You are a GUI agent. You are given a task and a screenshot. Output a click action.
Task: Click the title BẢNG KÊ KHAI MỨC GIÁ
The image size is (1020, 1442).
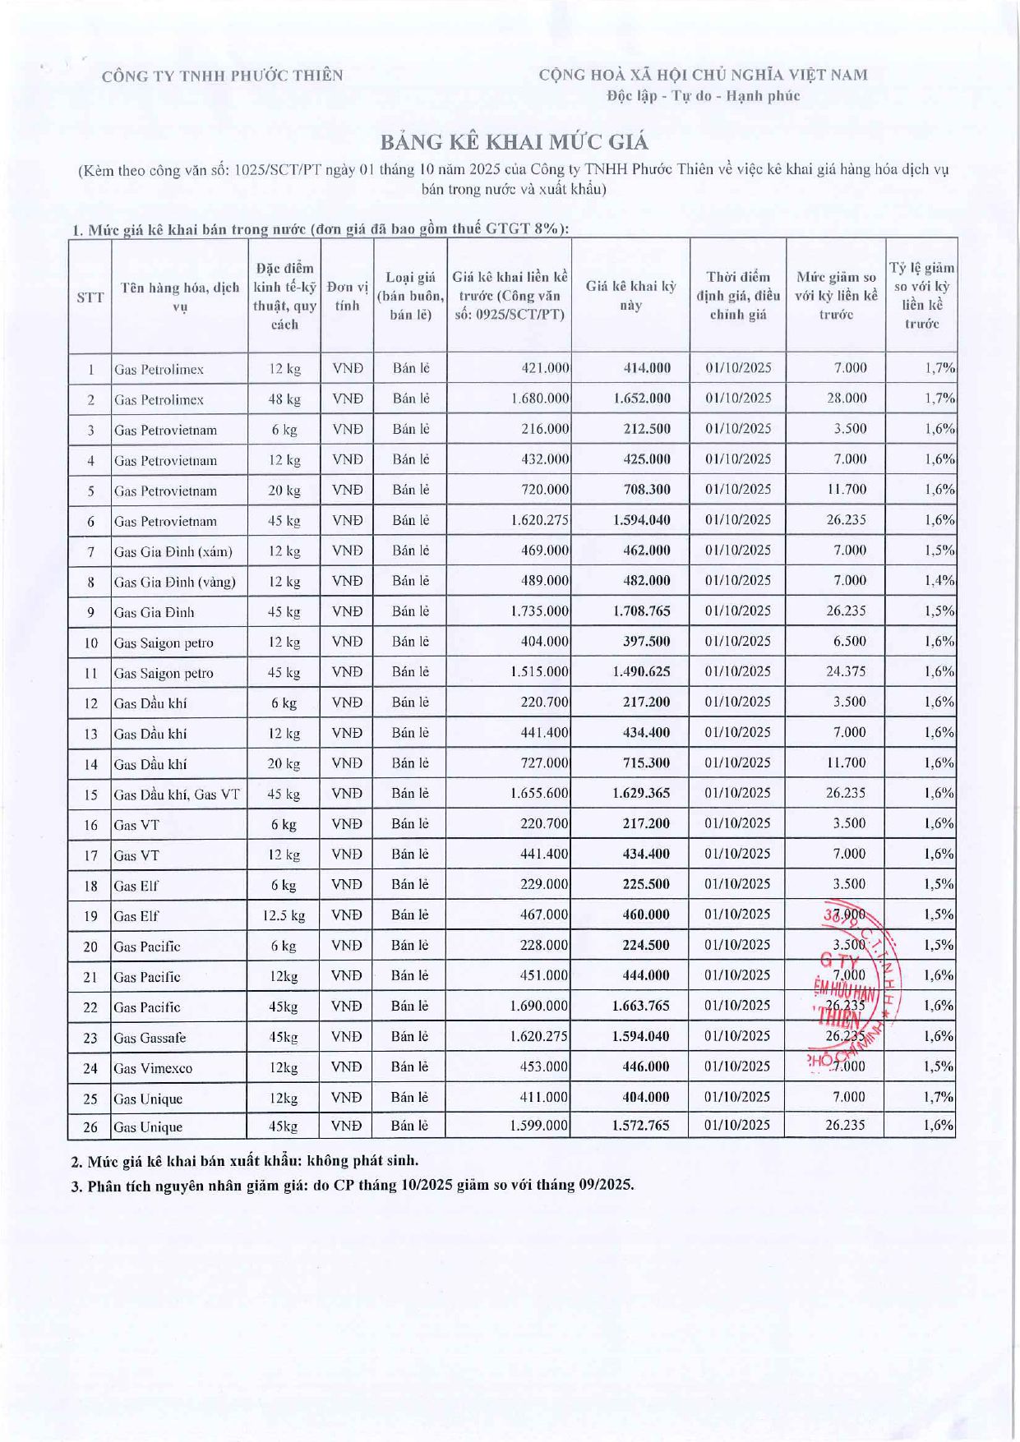[x=514, y=142]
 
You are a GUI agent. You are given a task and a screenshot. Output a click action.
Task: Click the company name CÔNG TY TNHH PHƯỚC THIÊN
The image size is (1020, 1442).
[x=222, y=76]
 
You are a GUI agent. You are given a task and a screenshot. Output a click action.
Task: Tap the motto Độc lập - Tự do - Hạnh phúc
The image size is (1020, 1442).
[x=703, y=96]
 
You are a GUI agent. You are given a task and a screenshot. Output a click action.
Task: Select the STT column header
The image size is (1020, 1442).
[x=90, y=297]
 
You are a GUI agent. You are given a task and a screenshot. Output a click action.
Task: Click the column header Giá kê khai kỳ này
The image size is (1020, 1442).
[x=630, y=296]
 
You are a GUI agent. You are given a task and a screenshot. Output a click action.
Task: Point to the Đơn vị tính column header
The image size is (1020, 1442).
[x=347, y=296]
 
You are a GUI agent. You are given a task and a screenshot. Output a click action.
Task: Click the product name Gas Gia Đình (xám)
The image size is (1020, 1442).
[x=173, y=551]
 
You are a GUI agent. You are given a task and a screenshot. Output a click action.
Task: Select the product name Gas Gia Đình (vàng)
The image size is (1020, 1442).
[x=175, y=582]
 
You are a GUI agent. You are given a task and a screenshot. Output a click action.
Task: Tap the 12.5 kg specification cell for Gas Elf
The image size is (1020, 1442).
[x=284, y=915]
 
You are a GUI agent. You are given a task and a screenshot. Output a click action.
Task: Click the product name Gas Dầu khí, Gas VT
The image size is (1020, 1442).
[x=177, y=795]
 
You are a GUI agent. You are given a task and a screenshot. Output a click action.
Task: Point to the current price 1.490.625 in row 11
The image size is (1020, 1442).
[x=640, y=672]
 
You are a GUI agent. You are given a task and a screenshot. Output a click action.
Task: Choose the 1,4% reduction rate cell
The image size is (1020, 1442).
[x=939, y=581]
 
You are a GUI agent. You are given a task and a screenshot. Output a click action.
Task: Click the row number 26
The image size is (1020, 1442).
[x=90, y=1126]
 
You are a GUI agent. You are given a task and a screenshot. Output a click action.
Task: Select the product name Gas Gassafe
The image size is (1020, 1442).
[x=150, y=1038]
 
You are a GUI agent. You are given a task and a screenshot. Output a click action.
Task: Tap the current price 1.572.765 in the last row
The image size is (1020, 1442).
[x=640, y=1126]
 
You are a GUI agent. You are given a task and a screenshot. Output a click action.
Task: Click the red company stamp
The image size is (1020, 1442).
[x=855, y=986]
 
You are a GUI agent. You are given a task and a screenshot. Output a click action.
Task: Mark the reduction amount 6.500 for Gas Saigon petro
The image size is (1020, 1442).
[x=849, y=642]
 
